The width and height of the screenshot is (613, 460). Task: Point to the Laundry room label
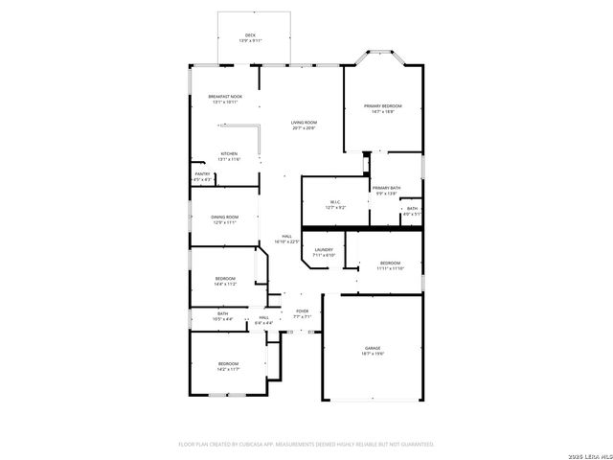[x=324, y=252]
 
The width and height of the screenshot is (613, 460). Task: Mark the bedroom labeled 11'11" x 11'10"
[x=390, y=265]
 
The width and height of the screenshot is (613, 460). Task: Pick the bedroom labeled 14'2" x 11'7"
[x=227, y=366]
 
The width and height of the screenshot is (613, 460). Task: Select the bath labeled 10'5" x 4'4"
[x=222, y=315]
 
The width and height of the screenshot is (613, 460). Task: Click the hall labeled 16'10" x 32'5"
[x=286, y=240]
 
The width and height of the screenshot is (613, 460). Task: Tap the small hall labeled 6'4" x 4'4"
[x=263, y=320]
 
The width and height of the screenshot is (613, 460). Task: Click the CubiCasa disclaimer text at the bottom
[x=306, y=444]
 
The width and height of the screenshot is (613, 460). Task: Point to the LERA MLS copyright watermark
[x=588, y=452]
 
